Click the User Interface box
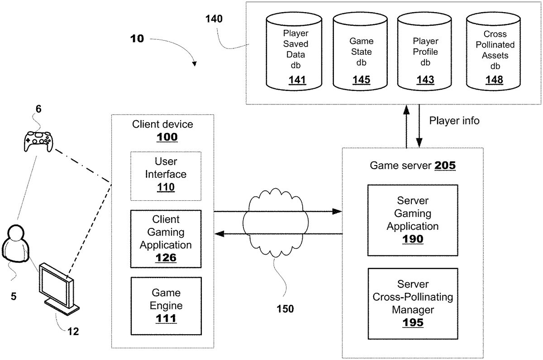(x=166, y=175)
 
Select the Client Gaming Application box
(x=166, y=238)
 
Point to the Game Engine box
(x=166, y=306)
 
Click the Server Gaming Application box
(x=412, y=220)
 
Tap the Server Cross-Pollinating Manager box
(x=412, y=303)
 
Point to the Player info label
(x=454, y=121)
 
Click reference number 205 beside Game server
(x=445, y=166)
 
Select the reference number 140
(x=214, y=19)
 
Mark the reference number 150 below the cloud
(x=285, y=309)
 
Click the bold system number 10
(x=137, y=39)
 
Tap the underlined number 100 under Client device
(x=167, y=137)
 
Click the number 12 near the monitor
(x=73, y=332)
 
